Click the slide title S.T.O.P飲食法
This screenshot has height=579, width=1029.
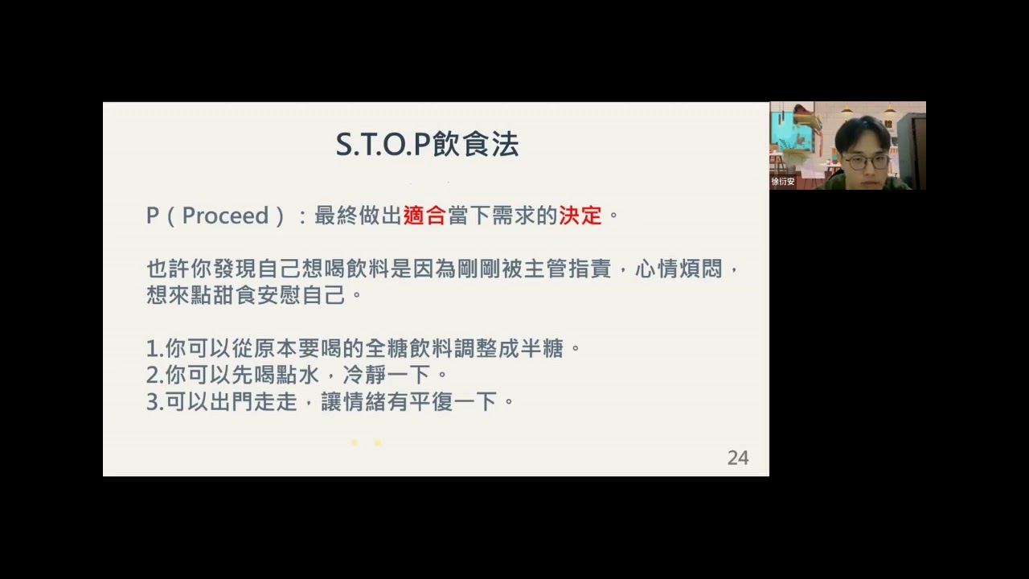tap(427, 145)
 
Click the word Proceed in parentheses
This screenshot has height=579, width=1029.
tap(225, 216)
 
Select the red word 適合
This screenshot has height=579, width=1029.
tap(424, 216)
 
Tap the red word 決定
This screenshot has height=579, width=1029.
tap(580, 216)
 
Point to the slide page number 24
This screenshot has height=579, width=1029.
tap(737, 458)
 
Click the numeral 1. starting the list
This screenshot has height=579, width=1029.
tap(154, 349)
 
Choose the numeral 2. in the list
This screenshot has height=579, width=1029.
tap(154, 376)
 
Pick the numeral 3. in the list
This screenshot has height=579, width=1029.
tap(154, 402)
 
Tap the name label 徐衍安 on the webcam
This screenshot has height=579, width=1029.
tap(783, 182)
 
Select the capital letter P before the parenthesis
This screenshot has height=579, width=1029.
tap(153, 216)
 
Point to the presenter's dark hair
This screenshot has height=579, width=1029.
tap(862, 130)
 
